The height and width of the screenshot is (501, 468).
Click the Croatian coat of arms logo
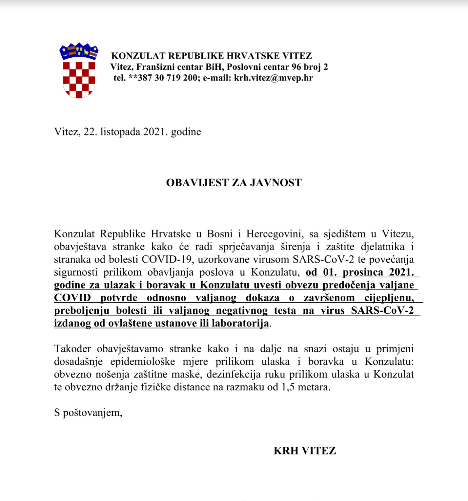[x=79, y=71]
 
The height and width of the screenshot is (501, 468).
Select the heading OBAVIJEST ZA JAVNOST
[x=234, y=183]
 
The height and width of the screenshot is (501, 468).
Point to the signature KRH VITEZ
[x=305, y=451]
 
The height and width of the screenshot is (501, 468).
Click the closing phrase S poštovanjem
[x=88, y=413]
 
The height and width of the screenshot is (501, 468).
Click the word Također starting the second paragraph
[x=72, y=349]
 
